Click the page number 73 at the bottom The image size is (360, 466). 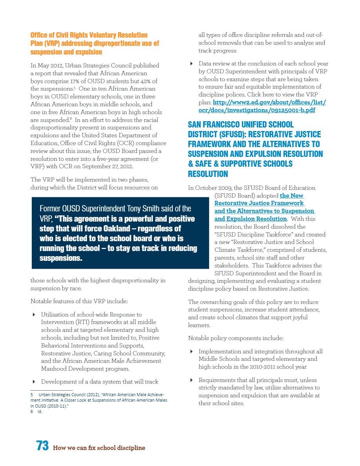42,446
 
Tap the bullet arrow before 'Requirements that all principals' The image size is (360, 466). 191,380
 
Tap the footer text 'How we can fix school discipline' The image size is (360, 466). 99,448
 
